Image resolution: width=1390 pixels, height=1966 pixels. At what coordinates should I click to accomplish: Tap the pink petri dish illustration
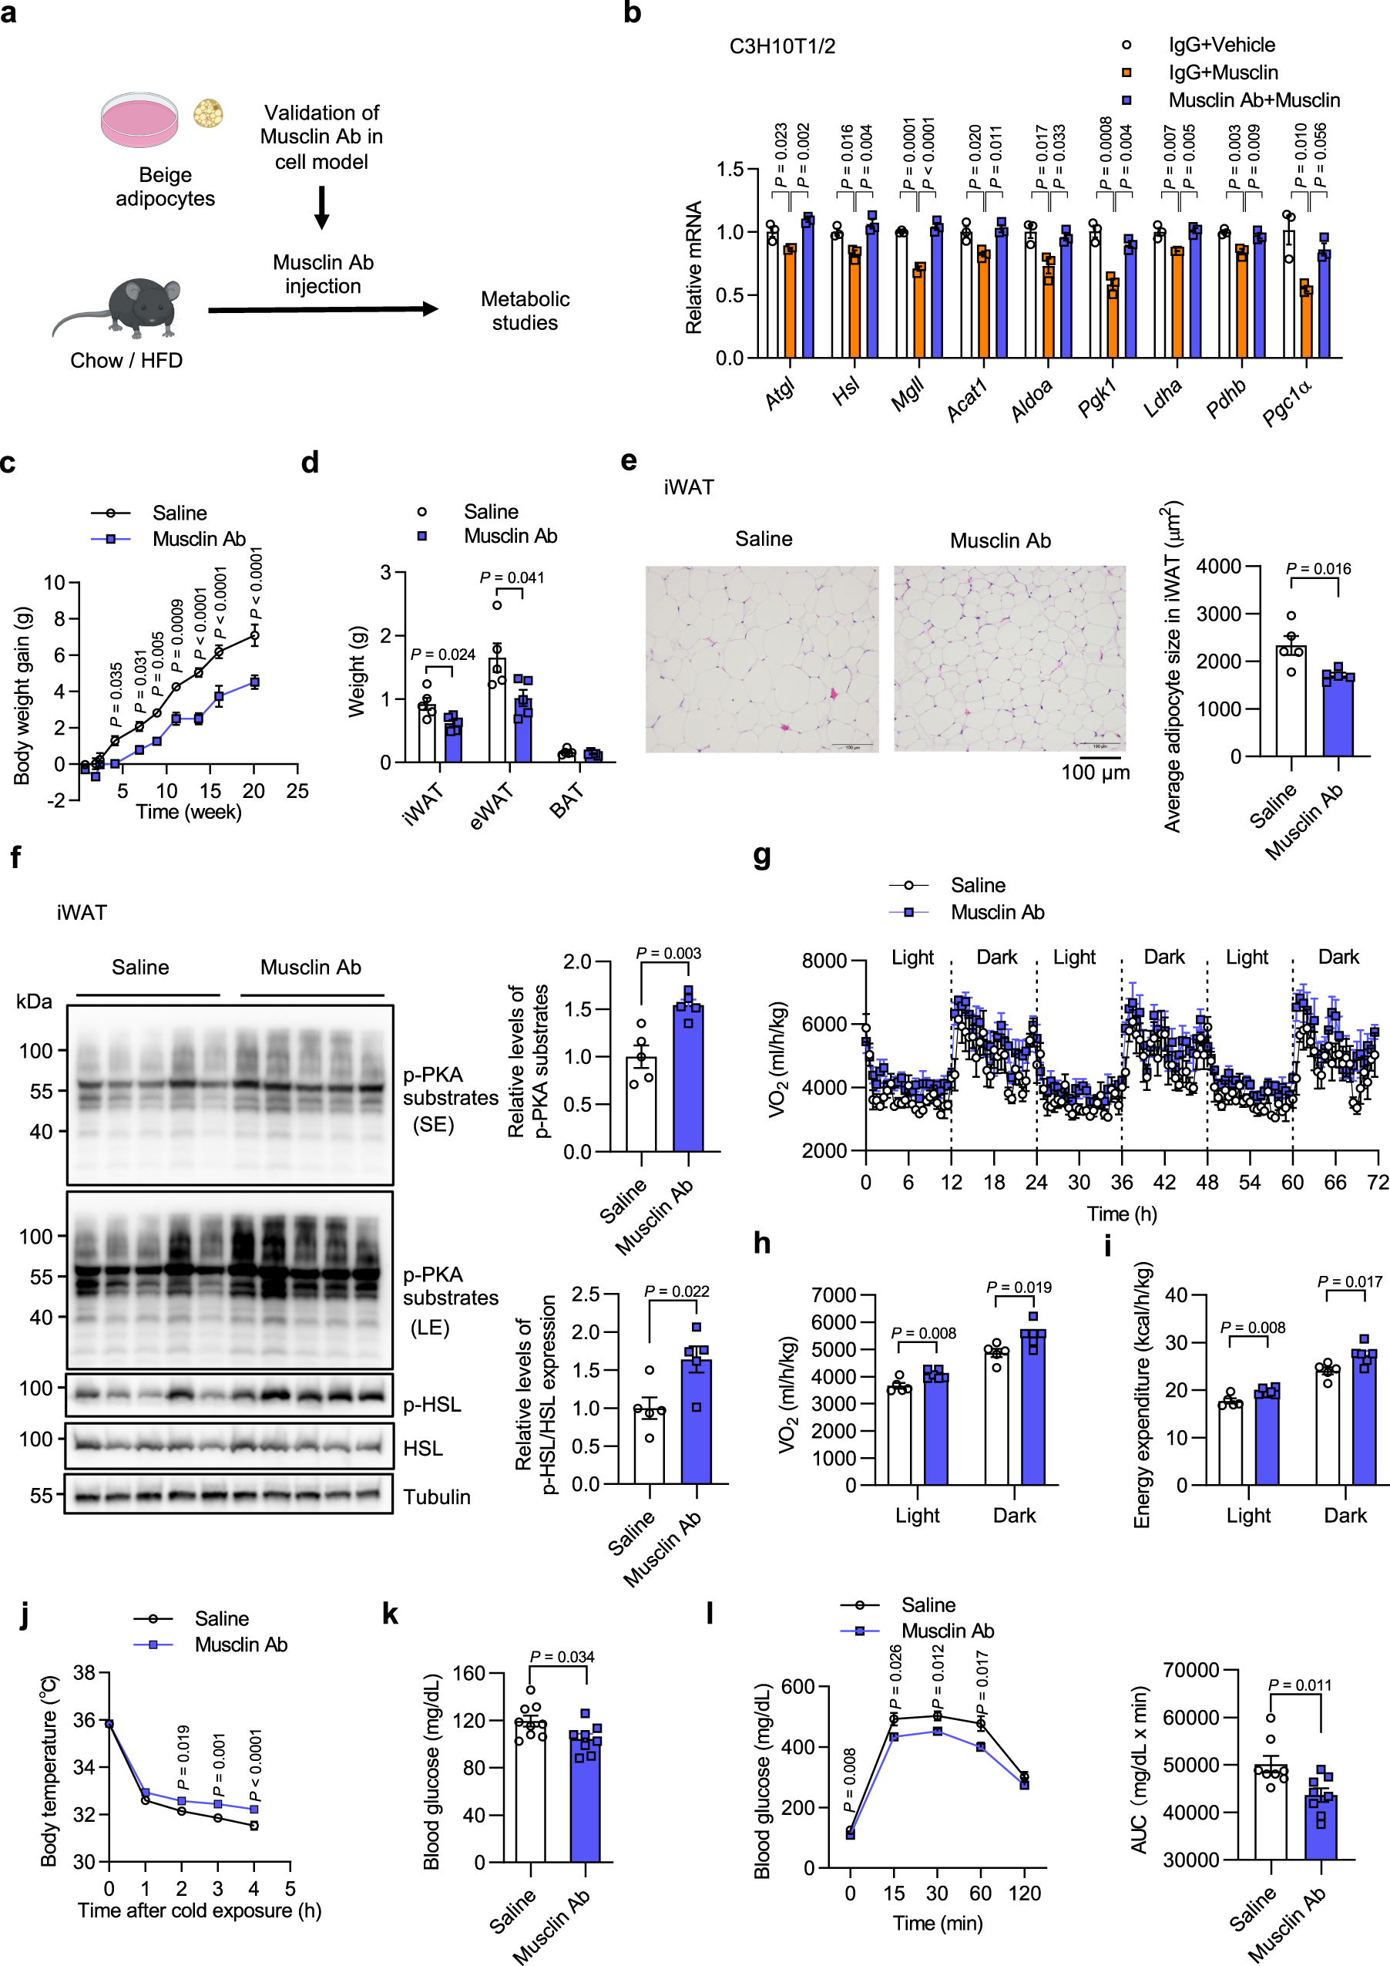pyautogui.click(x=139, y=119)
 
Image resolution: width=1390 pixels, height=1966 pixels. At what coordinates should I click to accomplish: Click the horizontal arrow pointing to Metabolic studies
pyautogui.click(x=323, y=309)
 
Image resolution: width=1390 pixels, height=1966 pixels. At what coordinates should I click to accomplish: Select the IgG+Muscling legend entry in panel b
pyautogui.click(x=1222, y=72)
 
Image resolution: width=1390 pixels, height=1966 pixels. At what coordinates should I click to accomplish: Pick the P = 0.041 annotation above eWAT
pyautogui.click(x=512, y=578)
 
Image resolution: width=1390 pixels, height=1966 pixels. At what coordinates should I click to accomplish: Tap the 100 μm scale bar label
pyautogui.click(x=1096, y=773)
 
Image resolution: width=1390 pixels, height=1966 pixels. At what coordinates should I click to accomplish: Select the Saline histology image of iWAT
pyautogui.click(x=762, y=658)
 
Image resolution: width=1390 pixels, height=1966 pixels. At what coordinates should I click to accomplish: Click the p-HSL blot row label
pyautogui.click(x=432, y=1404)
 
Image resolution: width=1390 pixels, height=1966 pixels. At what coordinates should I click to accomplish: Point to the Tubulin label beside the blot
pyautogui.click(x=437, y=1496)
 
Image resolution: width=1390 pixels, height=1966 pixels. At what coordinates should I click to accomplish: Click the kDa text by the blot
pyautogui.click(x=34, y=1002)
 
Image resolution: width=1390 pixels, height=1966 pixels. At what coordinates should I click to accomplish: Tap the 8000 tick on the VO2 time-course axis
pyautogui.click(x=824, y=961)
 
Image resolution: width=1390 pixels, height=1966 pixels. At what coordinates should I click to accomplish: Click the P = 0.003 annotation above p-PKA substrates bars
pyautogui.click(x=669, y=953)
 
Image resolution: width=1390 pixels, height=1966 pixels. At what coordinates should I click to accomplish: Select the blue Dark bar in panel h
pyautogui.click(x=1033, y=1408)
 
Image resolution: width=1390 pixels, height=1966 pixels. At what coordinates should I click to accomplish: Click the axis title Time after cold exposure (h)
pyautogui.click(x=200, y=1911)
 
